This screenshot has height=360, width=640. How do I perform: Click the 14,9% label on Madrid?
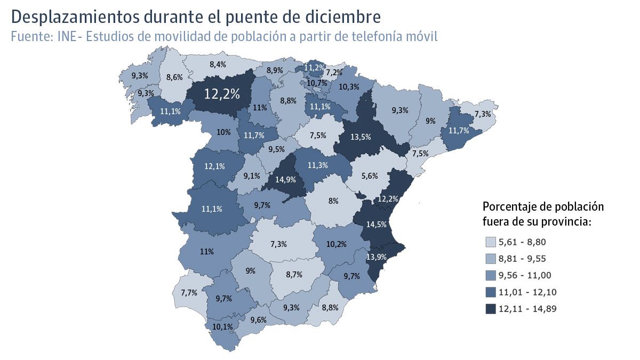point(285,180)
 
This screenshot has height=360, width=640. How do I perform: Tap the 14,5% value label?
point(377,225)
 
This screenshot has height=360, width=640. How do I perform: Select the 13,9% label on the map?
point(377,257)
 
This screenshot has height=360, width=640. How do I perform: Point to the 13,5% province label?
point(361,137)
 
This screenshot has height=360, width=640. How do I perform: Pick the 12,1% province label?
point(214,166)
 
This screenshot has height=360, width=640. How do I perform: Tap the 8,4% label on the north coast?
point(218,65)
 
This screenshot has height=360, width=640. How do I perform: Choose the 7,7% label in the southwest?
point(189,293)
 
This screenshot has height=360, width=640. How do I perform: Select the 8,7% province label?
point(294,275)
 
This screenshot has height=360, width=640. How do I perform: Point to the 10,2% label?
point(337,244)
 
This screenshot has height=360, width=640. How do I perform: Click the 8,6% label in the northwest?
point(174,77)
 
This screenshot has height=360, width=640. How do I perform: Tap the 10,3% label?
point(349,87)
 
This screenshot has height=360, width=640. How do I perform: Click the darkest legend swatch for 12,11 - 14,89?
point(490,309)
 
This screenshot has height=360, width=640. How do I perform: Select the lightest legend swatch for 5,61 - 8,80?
point(490,243)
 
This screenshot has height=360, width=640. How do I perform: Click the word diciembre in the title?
point(346,17)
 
